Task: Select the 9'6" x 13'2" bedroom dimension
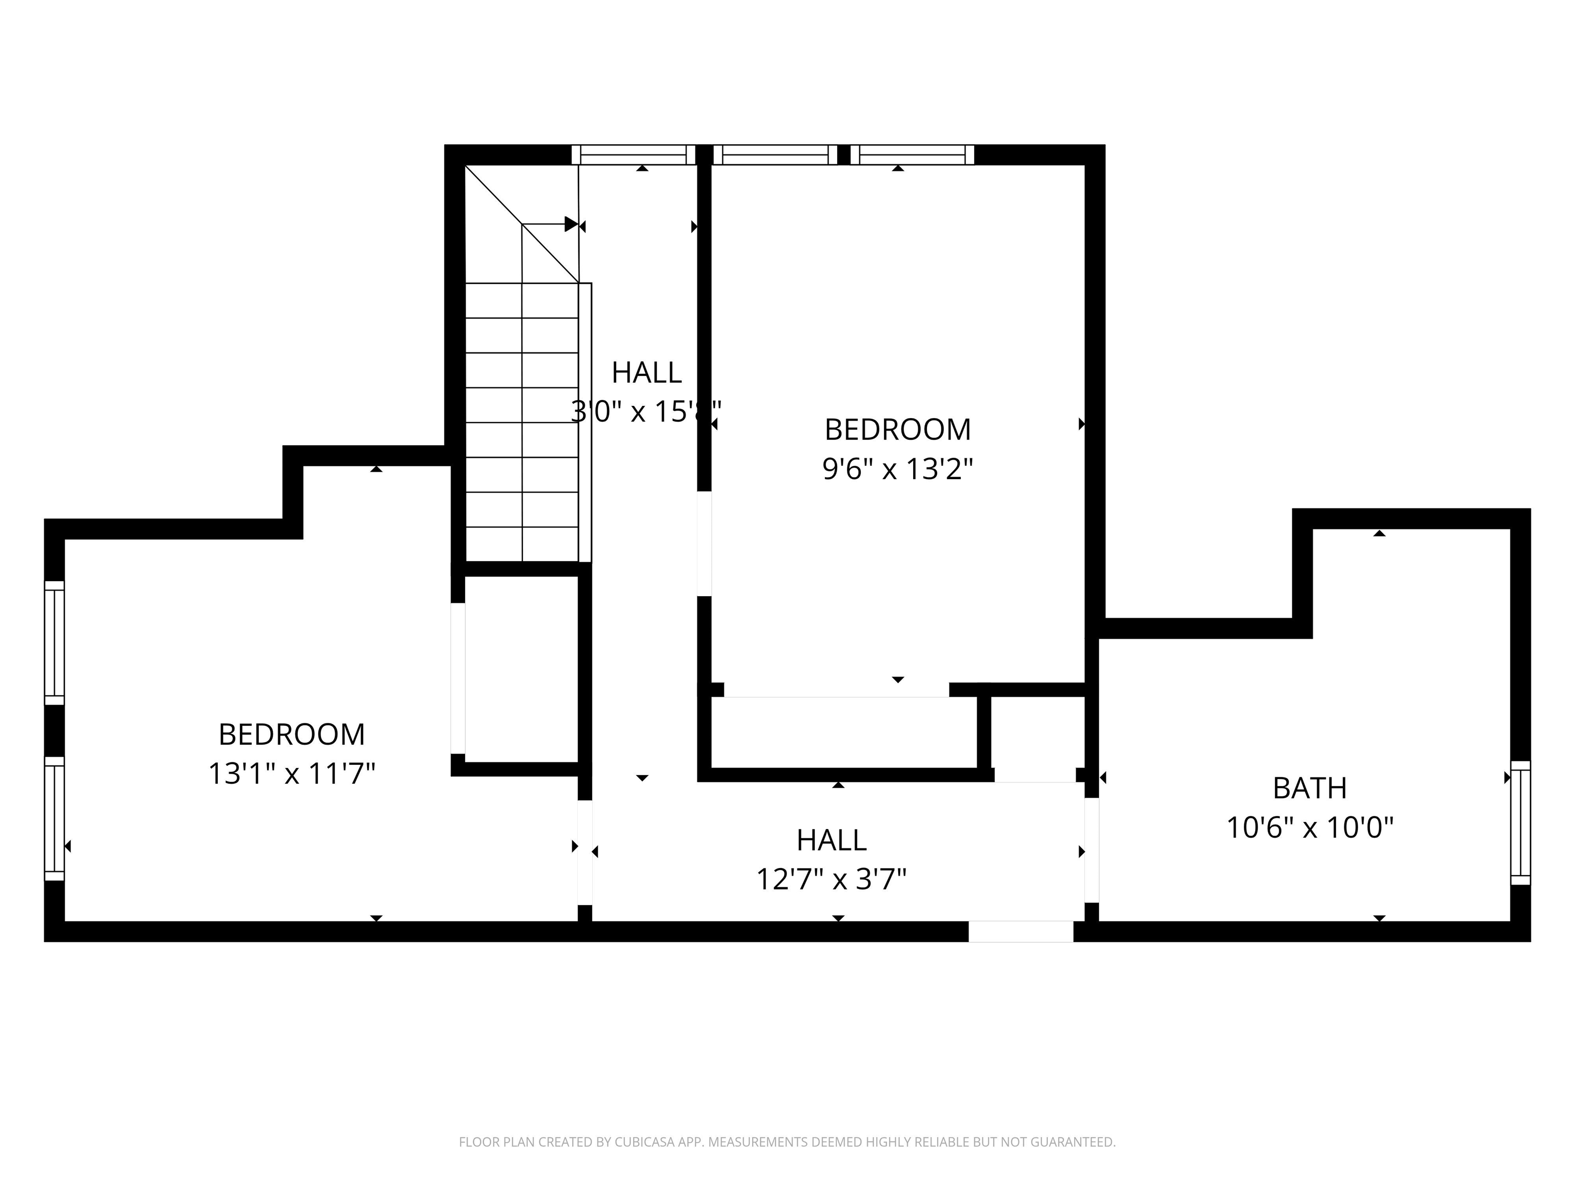pos(897,469)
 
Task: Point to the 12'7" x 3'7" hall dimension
pos(831,879)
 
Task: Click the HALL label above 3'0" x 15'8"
pos(646,372)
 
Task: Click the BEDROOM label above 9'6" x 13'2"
pos(897,429)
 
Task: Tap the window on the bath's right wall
pos(1520,822)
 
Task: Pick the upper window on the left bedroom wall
pos(55,643)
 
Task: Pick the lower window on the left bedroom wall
pos(55,819)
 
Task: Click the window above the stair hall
pos(633,154)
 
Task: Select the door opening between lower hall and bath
pos(1092,850)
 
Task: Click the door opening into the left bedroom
pos(584,852)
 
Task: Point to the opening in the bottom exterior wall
pos(1020,931)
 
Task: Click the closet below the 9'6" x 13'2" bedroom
pos(844,733)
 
